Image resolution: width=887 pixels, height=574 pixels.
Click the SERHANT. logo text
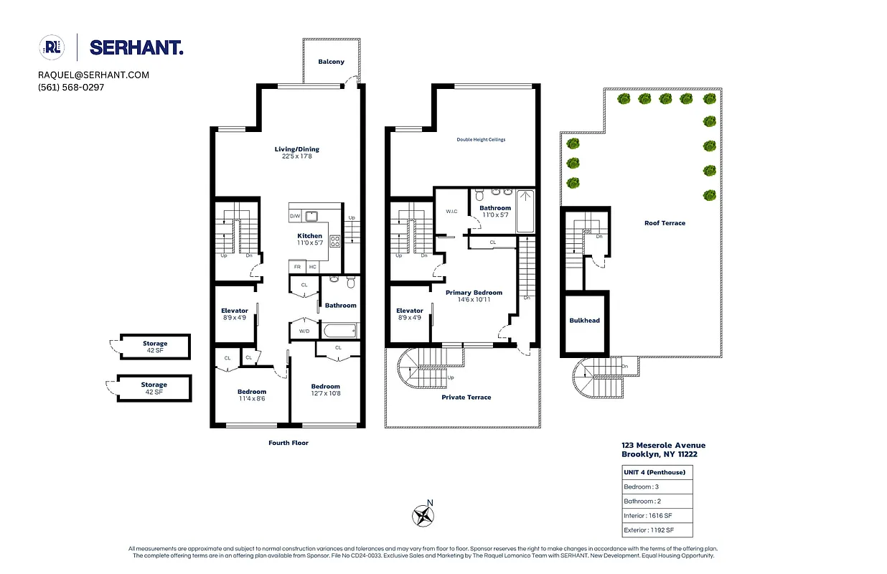click(136, 48)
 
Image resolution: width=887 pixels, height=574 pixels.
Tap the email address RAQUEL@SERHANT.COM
click(93, 75)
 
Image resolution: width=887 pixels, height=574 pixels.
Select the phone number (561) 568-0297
click(71, 87)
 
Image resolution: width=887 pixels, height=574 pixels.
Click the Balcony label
click(331, 62)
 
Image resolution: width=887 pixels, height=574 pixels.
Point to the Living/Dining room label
click(296, 150)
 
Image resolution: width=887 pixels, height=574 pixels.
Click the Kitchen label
click(310, 236)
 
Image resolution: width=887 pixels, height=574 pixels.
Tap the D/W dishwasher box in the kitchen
click(295, 216)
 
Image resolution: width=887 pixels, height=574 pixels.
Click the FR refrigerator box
click(296, 267)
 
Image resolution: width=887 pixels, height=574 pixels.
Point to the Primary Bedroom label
click(474, 293)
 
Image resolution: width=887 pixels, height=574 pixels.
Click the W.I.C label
click(451, 212)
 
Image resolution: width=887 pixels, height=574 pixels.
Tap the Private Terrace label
click(466, 397)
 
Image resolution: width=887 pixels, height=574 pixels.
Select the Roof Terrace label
click(665, 223)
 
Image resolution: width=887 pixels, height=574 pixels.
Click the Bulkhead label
click(584, 321)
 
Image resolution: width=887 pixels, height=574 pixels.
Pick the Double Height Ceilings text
click(481, 139)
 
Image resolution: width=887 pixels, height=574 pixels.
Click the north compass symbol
click(424, 514)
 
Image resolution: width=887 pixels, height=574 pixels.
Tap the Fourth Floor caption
click(288, 443)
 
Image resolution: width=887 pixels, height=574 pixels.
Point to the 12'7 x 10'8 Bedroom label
click(325, 390)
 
